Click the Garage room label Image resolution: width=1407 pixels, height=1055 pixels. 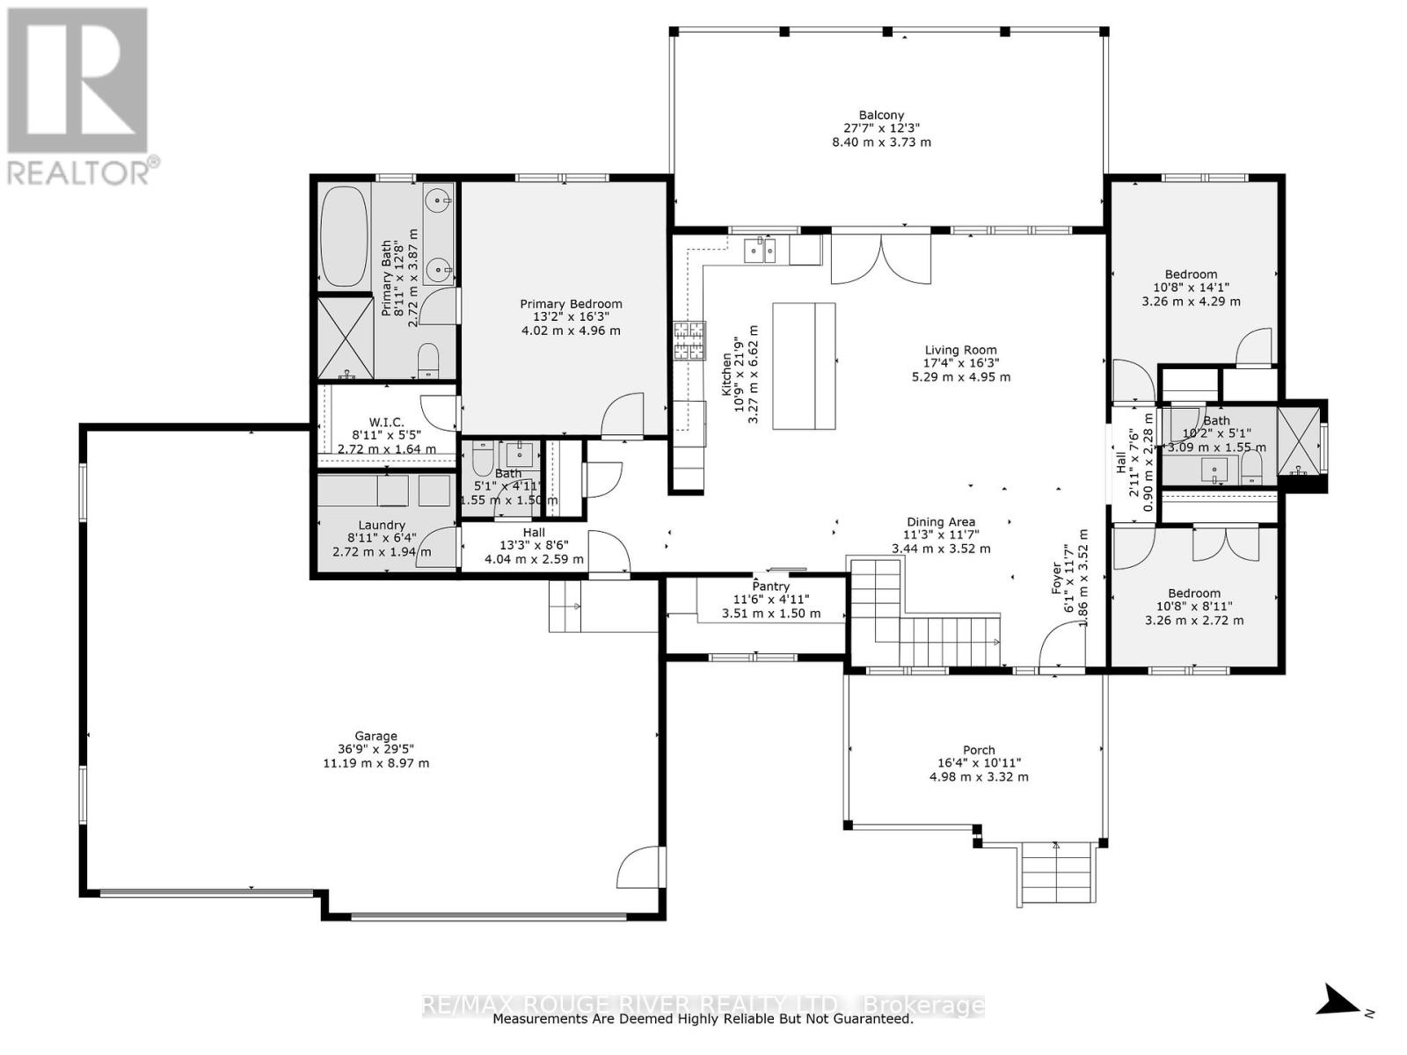coord(375,737)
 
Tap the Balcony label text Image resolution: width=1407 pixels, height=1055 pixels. coord(881,115)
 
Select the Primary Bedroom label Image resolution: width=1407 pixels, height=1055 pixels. coord(571,304)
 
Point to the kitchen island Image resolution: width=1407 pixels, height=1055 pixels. coord(804,366)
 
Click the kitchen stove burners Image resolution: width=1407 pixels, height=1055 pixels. coord(689,340)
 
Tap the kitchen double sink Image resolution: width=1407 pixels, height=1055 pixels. coord(760,251)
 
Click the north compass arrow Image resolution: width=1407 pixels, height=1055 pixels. coord(1340,1000)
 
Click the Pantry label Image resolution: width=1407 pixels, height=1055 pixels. coord(770,586)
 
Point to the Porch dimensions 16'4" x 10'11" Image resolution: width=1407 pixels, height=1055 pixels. coord(979,764)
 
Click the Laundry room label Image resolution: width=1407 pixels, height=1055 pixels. coord(382,526)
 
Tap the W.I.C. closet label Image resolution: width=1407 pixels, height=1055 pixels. coord(386,423)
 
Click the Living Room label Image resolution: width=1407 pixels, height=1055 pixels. coord(960,350)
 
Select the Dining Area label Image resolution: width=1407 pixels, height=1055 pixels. coord(941,522)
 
